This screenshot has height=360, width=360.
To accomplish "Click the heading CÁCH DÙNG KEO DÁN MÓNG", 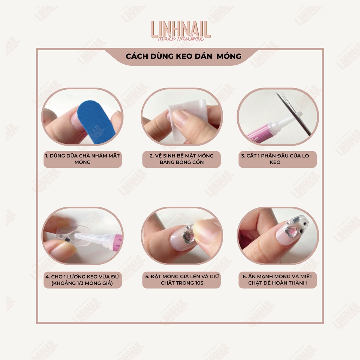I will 183,56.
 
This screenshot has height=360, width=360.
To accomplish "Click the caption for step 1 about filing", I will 83,159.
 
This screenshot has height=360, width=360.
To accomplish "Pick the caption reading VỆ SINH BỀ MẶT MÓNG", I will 181,159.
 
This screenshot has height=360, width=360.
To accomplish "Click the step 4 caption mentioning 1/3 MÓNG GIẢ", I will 83,280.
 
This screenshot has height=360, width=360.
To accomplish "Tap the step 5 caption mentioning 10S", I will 181,280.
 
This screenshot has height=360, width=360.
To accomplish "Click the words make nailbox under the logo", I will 181,38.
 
